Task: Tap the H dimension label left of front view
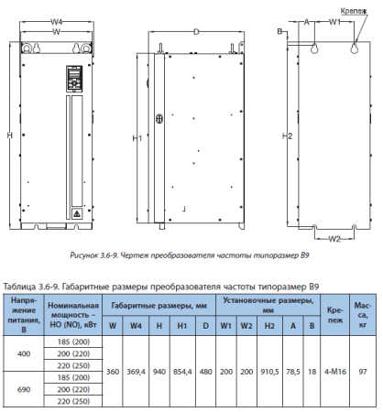(x=9, y=136)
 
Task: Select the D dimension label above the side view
(x=196, y=31)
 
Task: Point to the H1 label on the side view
(x=137, y=138)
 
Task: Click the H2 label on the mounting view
(x=288, y=136)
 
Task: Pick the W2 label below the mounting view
(x=334, y=240)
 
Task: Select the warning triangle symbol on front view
(x=77, y=213)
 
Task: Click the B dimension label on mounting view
(x=279, y=31)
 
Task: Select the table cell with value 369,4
(x=137, y=373)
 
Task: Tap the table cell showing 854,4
(x=182, y=373)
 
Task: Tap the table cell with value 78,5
(x=292, y=373)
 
